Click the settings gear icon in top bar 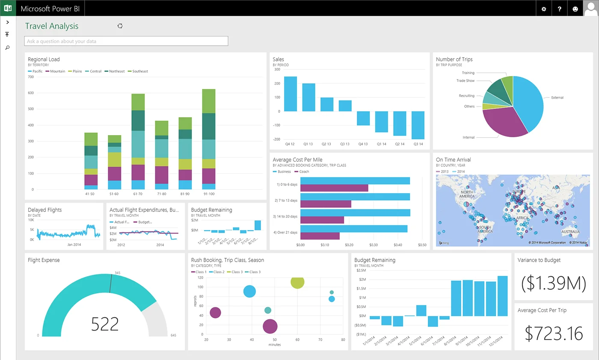[544, 9]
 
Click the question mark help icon [560, 9]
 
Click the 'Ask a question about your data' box [126, 41]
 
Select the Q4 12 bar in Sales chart [291, 94]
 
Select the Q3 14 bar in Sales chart [418, 125]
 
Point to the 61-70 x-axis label [138, 194]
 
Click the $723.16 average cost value [553, 333]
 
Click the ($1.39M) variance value [553, 283]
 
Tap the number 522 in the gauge [105, 324]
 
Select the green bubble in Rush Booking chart [297, 282]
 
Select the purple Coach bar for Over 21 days [320, 236]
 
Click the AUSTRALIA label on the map [570, 232]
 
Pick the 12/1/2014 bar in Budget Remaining [502, 296]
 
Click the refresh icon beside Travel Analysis [120, 26]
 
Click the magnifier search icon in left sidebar [7, 47]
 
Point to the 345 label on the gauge [117, 272]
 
